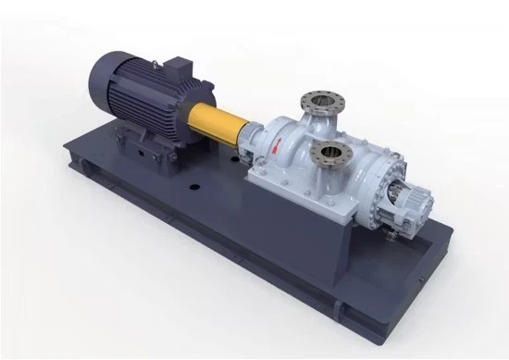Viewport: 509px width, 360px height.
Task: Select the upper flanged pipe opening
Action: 321,101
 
